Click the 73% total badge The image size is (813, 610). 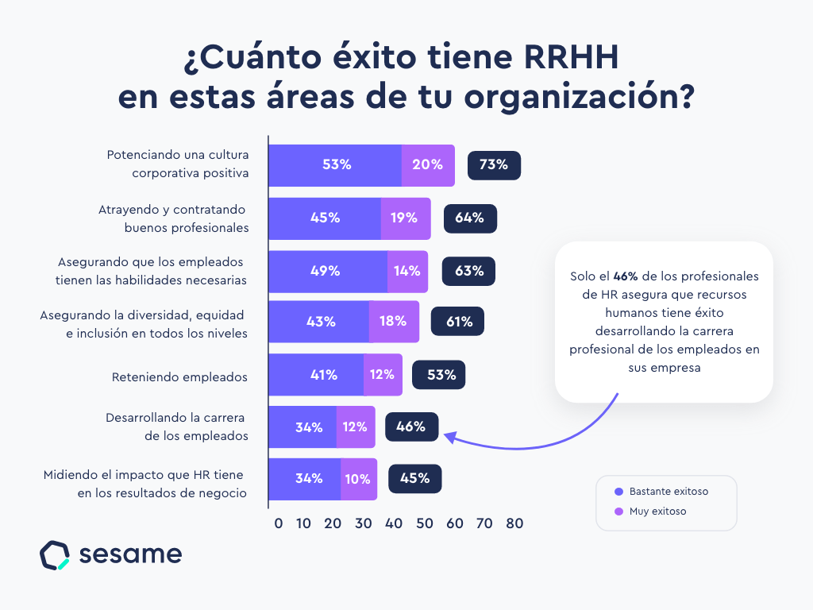[494, 165]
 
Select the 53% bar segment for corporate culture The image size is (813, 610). [335, 165]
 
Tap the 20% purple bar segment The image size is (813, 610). [428, 165]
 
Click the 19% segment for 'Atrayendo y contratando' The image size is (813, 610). [405, 218]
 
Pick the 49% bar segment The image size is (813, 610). [327, 271]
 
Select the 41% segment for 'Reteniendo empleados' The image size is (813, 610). [316, 375]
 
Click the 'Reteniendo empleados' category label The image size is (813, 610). [179, 376]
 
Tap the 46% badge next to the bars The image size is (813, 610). [410, 427]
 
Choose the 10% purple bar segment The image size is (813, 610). [358, 479]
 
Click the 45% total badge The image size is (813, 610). [414, 479]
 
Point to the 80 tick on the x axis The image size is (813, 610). [514, 523]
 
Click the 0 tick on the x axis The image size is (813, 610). [278, 523]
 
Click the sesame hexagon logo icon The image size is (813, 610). [55, 555]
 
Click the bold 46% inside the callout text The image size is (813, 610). [626, 276]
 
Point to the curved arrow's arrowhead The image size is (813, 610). [449, 436]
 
